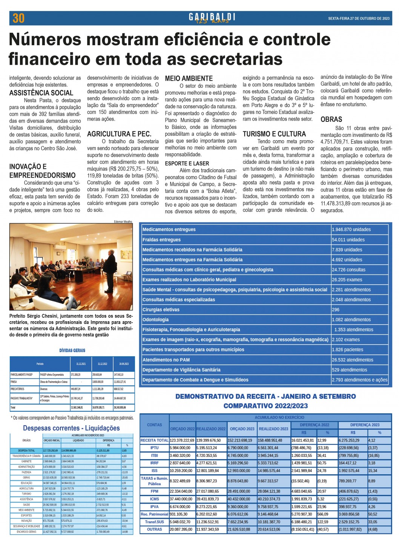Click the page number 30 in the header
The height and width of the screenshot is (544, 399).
[x=18, y=18]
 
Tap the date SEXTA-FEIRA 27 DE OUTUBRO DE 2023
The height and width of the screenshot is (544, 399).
[x=359, y=18]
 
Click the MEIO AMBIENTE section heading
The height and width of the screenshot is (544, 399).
[x=189, y=78]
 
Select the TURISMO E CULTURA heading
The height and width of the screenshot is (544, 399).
[x=274, y=134]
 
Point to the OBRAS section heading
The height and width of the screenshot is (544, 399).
[x=331, y=119]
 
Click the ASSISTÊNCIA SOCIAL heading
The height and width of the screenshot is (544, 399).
[x=41, y=93]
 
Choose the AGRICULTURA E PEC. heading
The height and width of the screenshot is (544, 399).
[x=119, y=134]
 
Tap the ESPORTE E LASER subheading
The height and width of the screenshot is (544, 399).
[x=187, y=163]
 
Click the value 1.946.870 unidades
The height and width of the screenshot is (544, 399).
[x=351, y=229]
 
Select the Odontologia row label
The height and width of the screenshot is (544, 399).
[x=155, y=320]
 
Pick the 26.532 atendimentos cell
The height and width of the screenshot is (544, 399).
[x=352, y=360]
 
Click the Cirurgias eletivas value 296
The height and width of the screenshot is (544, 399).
[x=336, y=310]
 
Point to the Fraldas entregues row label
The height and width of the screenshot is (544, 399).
[x=161, y=239]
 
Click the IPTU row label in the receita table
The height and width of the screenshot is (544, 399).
[x=154, y=448]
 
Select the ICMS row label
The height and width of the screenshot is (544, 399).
[x=154, y=499]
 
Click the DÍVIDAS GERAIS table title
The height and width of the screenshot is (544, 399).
[x=72, y=350]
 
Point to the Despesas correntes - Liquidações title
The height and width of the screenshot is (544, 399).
[x=71, y=428]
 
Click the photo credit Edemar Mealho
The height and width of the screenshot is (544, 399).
[x=123, y=222]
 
